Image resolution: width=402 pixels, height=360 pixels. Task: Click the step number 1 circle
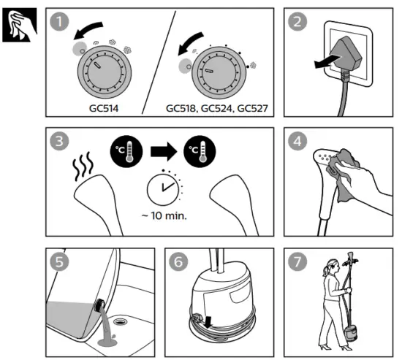coord(59,21)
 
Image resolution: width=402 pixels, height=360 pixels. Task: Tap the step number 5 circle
coord(59,261)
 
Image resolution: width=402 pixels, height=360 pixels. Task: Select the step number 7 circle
coord(297,261)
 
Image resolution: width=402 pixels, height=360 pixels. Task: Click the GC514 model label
coord(104,108)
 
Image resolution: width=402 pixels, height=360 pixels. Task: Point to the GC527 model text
coord(253,108)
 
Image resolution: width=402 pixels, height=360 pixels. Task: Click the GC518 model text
coord(181,109)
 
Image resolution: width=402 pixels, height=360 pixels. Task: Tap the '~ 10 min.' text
coord(164,216)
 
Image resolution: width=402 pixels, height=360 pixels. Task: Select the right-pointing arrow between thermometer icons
coord(164,151)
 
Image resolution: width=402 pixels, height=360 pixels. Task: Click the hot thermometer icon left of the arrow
coord(126,151)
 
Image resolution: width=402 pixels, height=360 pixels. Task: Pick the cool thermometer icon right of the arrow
coord(200,151)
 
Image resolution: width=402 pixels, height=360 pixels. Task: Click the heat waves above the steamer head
coord(83,166)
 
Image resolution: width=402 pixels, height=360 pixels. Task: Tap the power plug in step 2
coord(346,54)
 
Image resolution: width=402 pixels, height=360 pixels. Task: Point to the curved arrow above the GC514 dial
coord(88,30)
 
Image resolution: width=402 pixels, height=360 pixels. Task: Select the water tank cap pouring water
coord(99,305)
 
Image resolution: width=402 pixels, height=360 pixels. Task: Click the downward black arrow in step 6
coord(208,322)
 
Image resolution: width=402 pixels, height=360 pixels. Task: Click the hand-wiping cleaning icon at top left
coord(20,25)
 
